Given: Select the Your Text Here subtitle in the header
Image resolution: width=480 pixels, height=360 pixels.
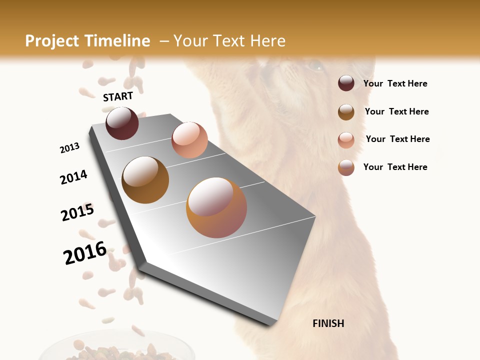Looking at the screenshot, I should (229, 41).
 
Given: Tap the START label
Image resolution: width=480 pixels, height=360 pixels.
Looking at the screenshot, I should (118, 96).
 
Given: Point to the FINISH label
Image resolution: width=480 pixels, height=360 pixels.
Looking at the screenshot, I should (328, 323).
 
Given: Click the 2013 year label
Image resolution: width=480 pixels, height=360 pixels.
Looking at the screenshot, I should (70, 148).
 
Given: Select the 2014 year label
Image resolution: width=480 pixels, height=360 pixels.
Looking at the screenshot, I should (73, 177).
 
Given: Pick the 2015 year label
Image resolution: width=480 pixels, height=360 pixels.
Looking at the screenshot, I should (77, 212).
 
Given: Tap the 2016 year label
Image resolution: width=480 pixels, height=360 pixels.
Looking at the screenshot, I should (85, 252).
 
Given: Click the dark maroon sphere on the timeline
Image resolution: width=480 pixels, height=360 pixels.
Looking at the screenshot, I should (122, 123).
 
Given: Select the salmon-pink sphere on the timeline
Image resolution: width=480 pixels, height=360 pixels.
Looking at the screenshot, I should (189, 140).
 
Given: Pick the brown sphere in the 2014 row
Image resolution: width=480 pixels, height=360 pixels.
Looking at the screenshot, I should (145, 180).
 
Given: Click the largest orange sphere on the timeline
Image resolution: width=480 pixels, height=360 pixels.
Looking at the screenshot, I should (216, 207).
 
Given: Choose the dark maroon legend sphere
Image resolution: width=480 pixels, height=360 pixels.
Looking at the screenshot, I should (346, 83).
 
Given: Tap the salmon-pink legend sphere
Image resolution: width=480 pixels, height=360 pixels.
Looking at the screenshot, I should (346, 140).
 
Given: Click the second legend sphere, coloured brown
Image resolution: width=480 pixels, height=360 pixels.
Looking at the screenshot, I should (346, 112).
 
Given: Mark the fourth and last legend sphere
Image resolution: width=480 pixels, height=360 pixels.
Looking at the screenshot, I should (346, 167).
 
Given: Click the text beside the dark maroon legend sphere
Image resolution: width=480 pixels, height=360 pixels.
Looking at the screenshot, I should (395, 83).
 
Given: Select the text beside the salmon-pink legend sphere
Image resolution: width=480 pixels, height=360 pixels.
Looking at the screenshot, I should (397, 139).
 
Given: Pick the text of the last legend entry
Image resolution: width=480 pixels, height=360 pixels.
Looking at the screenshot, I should (395, 167).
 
